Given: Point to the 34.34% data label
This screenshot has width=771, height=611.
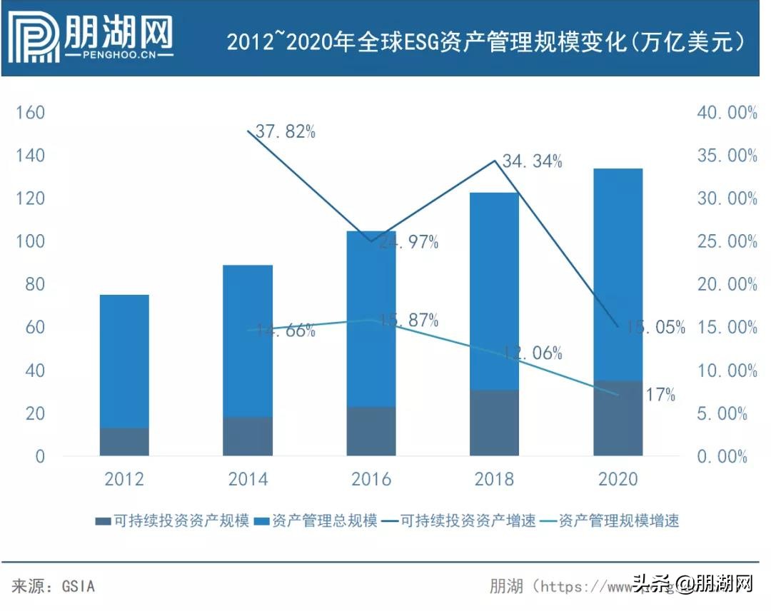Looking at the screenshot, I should (532, 161).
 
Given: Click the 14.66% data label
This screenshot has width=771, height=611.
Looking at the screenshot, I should (281, 330).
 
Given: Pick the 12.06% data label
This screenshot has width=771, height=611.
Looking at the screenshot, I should (531, 353).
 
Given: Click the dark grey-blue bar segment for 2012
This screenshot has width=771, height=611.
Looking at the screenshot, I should (124, 442).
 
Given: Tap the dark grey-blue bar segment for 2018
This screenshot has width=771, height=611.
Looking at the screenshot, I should (494, 423).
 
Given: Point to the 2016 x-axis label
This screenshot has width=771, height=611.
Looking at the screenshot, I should (371, 479).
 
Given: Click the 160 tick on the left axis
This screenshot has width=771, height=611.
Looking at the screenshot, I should (30, 113).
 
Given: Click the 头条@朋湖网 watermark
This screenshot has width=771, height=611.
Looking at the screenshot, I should (692, 584).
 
